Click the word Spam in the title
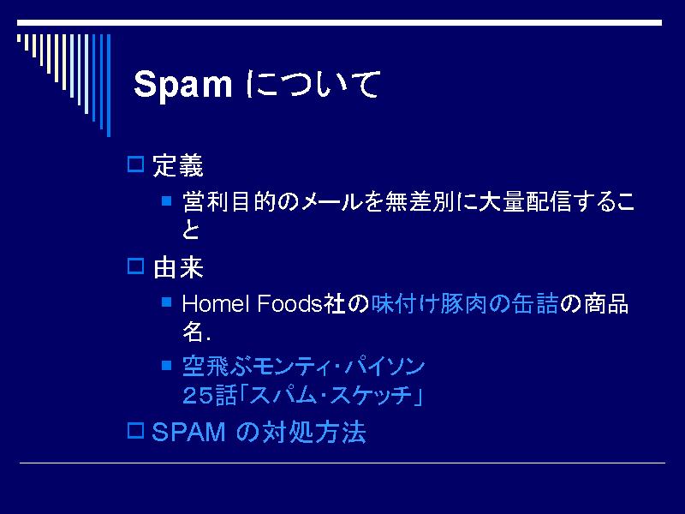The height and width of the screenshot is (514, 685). click(x=182, y=85)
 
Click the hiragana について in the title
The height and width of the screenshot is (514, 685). click(x=313, y=83)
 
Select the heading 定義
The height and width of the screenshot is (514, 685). click(x=178, y=165)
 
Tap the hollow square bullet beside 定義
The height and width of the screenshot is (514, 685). click(x=135, y=164)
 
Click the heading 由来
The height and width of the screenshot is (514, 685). click(x=178, y=267)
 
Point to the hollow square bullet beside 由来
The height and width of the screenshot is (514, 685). click(x=135, y=266)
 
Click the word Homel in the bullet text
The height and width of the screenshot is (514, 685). click(x=216, y=303)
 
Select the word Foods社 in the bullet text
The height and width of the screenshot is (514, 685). click(x=301, y=303)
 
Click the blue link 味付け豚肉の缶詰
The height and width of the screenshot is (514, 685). click(x=464, y=303)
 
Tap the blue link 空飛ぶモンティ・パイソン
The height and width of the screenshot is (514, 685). click(x=304, y=367)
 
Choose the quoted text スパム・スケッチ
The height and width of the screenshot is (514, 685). click(x=331, y=396)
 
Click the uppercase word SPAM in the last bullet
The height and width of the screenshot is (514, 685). click(x=188, y=433)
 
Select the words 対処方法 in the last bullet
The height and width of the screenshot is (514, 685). click(x=313, y=433)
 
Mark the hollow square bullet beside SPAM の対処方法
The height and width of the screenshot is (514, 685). click(x=135, y=431)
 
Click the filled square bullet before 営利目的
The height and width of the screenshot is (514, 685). click(x=166, y=200)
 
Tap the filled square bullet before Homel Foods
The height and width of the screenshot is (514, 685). click(x=166, y=302)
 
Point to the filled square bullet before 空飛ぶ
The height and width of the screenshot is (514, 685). click(x=166, y=365)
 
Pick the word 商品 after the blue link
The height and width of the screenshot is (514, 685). click(x=606, y=303)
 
